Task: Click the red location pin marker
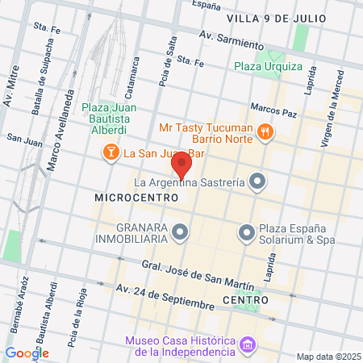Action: (x=181, y=166)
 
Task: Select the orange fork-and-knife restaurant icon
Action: (x=265, y=132)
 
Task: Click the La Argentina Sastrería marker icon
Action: (x=257, y=181)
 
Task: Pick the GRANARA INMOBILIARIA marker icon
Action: (x=180, y=233)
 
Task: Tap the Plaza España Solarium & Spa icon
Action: (x=247, y=233)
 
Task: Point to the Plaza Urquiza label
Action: (x=268, y=66)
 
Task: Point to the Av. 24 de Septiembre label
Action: (x=165, y=298)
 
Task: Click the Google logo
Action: (x=27, y=353)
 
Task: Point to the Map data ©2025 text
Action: (x=328, y=357)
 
